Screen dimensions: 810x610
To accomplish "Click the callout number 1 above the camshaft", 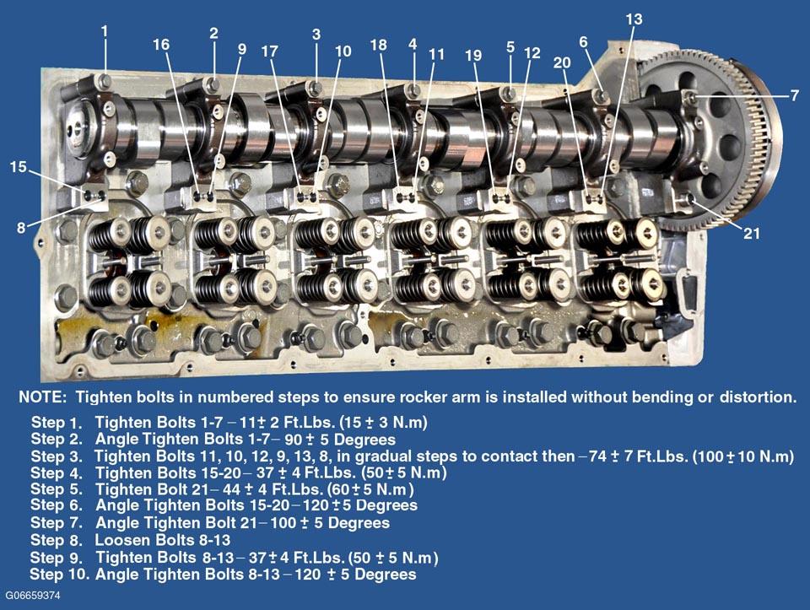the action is tap(105, 31).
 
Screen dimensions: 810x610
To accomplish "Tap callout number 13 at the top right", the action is tap(634, 19).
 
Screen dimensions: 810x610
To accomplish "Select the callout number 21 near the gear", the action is tap(752, 234).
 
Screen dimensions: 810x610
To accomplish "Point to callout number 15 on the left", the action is tap(18, 167).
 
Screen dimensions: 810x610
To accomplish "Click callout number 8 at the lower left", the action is tap(21, 227).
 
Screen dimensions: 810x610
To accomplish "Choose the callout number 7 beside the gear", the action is tap(795, 95).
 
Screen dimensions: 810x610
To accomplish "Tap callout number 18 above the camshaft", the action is tap(379, 45).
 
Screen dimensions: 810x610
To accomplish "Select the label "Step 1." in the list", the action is tap(57, 423).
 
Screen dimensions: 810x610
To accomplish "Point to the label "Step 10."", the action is tap(60, 574).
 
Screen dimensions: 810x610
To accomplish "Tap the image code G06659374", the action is tap(33, 596).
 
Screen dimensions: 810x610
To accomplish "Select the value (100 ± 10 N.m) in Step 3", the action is tap(742, 456).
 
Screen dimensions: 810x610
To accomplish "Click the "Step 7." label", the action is tap(57, 523).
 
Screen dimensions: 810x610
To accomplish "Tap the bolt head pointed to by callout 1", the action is tap(105, 81).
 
